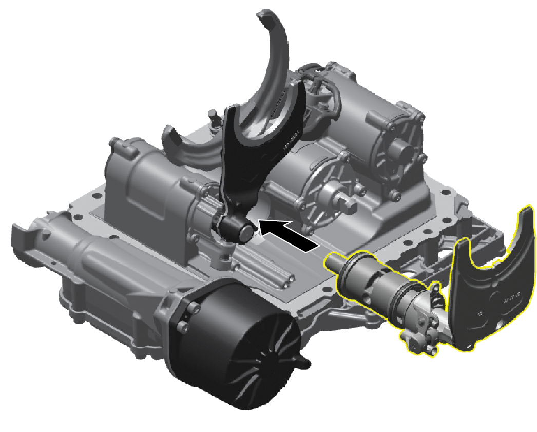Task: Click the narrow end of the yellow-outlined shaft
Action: [332, 260]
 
